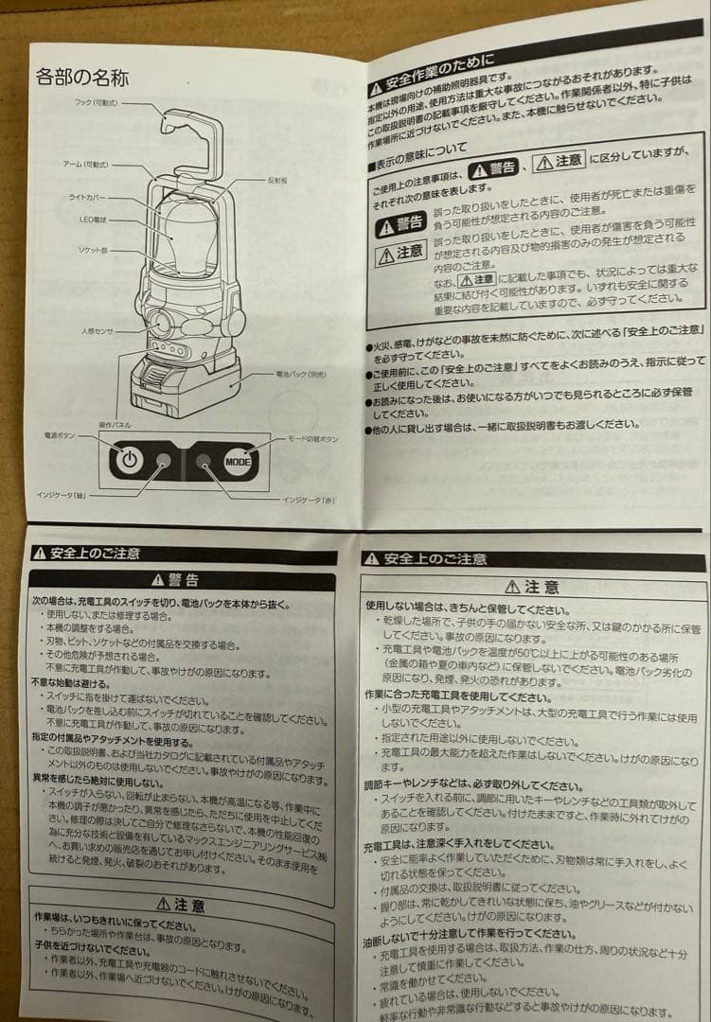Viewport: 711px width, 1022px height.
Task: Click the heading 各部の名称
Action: coord(81,77)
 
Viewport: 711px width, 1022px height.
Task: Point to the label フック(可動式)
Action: coord(95,103)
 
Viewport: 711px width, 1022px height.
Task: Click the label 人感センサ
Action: coord(98,330)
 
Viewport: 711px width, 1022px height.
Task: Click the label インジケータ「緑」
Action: coord(66,494)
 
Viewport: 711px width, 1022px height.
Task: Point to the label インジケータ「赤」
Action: coord(309,498)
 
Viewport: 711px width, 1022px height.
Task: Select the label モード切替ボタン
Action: coord(311,440)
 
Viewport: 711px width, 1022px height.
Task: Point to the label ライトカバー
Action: coord(87,197)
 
